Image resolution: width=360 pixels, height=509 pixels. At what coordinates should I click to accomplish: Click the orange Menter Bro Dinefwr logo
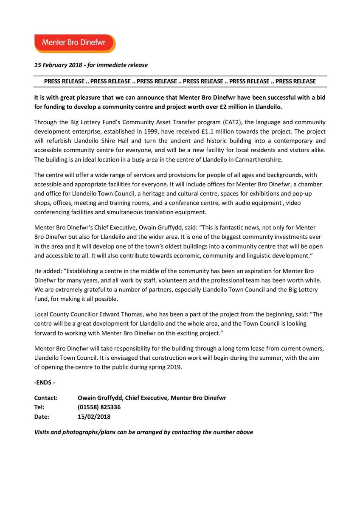tap(75, 43)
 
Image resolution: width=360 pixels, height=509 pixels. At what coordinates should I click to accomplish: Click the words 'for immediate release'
tap(124, 65)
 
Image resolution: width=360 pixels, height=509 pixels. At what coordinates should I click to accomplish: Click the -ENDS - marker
tap(44, 383)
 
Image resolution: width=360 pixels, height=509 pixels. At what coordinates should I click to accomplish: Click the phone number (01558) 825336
tap(98, 407)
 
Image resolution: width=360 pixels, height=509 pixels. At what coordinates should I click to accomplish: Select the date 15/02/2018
tap(94, 417)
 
